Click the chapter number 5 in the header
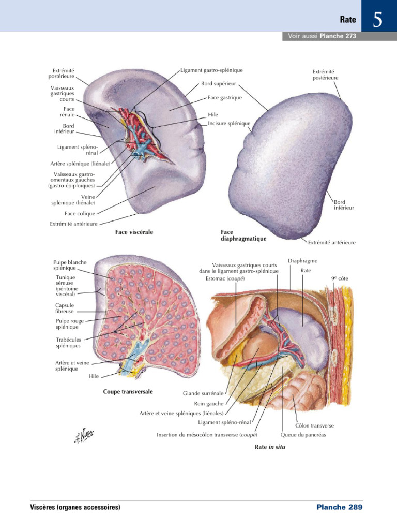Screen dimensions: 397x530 click(378, 20)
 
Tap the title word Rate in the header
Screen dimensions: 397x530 click(348, 20)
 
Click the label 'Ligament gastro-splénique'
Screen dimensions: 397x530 click(211, 70)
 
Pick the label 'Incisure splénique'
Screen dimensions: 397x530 click(229, 123)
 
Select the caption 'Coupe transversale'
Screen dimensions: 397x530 click(128, 392)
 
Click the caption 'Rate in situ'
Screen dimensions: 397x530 click(270, 447)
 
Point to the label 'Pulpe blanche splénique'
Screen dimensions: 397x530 click(70, 265)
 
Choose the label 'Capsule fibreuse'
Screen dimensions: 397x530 click(65, 308)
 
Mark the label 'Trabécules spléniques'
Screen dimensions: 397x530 click(68, 343)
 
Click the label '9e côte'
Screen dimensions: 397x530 click(341, 278)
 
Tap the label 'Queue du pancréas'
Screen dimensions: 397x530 click(303, 435)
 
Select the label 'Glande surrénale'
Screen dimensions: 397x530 click(203, 393)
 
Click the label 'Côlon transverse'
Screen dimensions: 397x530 click(314, 425)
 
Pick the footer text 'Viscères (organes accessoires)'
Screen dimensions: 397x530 click(75, 507)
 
